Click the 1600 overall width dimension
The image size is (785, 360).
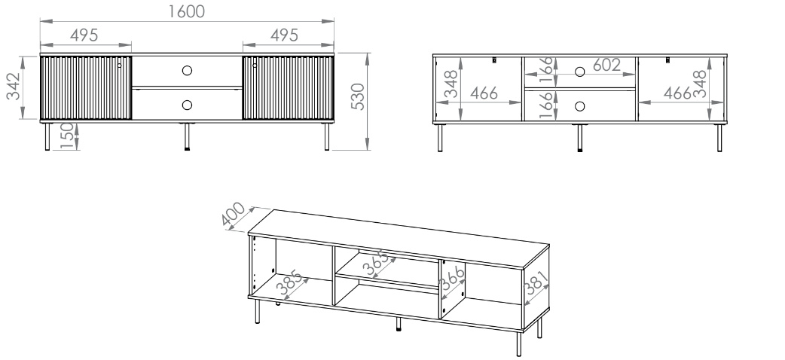click(186, 11)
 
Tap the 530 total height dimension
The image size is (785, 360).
click(358, 96)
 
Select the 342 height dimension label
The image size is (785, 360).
click(13, 86)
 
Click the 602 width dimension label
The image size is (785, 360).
click(606, 65)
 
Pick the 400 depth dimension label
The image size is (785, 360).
click(233, 214)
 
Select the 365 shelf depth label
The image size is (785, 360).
click(377, 263)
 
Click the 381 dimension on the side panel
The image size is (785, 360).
click(536, 283)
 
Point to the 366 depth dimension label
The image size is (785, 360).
click(453, 279)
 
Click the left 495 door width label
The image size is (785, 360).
click(84, 35)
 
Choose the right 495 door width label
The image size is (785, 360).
click(284, 35)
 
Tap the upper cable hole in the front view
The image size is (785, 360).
click(187, 71)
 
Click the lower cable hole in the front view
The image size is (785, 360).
click(187, 105)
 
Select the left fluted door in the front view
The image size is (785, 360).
click(86, 87)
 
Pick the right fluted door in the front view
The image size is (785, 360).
click(288, 87)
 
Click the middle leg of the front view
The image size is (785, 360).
click(188, 136)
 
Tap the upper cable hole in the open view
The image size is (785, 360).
click(580, 72)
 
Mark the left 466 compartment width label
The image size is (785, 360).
click(484, 93)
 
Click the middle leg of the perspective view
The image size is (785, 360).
click(399, 325)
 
